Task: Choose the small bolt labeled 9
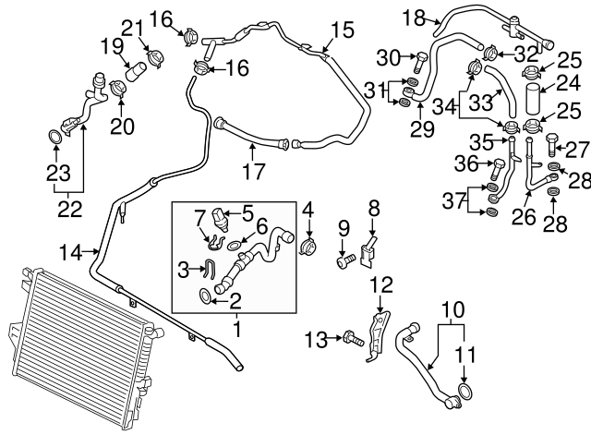[345, 261]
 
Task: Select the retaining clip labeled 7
[214, 245]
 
